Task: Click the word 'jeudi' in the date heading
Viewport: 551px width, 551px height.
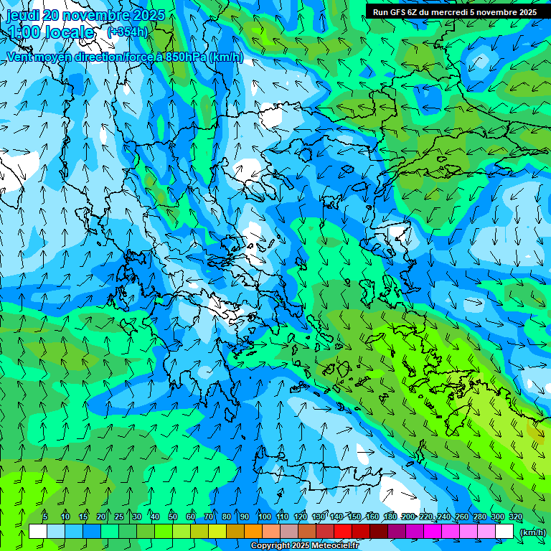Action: pos(24,15)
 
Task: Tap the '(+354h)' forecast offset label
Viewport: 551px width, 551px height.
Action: pos(127,32)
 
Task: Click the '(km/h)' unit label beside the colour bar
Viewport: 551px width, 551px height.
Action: pos(532,532)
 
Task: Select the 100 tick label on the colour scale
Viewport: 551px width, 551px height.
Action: pos(265,517)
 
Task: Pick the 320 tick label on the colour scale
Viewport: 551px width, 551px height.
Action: pos(515,517)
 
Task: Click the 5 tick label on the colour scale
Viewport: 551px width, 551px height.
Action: pos(45,517)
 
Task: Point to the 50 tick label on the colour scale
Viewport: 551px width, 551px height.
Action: pos(173,517)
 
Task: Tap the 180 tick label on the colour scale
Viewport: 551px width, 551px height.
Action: pos(390,517)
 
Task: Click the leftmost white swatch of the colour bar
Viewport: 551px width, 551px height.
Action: pos(38,532)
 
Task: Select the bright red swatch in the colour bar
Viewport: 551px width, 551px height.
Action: pos(343,532)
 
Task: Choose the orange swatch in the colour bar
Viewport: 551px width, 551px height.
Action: pos(253,532)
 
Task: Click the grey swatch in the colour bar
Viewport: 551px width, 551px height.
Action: pos(289,532)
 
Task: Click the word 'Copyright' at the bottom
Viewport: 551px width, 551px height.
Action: pos(270,546)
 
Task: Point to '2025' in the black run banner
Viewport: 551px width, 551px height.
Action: pos(525,12)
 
